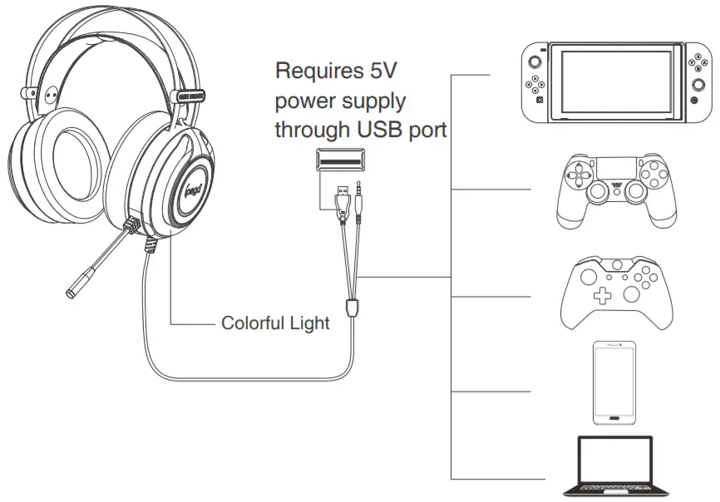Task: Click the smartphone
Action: (614, 381)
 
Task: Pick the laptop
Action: (614, 470)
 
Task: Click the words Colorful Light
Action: (275, 322)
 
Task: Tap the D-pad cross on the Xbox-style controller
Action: (600, 297)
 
